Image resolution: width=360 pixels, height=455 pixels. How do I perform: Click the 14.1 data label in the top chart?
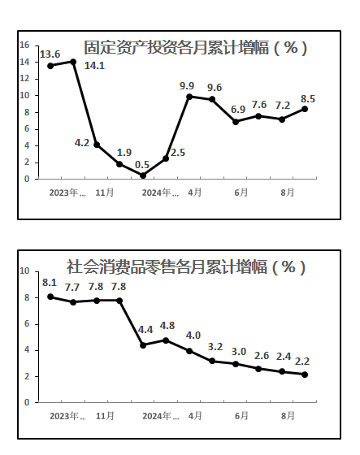tap(94, 66)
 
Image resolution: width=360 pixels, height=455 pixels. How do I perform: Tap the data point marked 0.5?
tap(143, 175)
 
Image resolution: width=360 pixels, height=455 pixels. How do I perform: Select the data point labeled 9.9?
tap(189, 97)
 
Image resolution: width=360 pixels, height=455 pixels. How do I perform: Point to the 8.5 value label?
tap(308, 99)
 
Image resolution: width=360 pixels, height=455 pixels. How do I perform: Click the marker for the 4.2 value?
tap(97, 145)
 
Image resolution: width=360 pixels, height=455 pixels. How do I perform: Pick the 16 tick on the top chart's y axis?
tap(24, 45)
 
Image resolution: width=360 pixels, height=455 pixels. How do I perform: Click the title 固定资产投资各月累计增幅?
tap(176, 47)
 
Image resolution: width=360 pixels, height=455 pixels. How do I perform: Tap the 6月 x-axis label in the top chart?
tap(241, 193)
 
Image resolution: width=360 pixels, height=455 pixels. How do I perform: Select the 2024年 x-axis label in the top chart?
tap(160, 193)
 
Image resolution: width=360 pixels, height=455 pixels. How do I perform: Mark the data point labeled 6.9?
tap(236, 122)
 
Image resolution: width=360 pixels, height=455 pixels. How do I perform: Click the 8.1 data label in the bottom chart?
tap(50, 283)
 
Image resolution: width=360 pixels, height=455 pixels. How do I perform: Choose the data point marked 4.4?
tap(143, 345)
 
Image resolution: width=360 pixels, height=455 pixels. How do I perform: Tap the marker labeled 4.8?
tap(166, 340)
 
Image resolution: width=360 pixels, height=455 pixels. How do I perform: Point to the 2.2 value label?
tap(302, 362)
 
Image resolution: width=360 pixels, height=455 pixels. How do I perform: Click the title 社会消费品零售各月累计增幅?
tap(167, 266)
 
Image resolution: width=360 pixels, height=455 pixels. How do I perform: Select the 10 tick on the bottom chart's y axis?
tap(24, 271)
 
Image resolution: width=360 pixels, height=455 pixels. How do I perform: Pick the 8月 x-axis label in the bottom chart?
tap(288, 416)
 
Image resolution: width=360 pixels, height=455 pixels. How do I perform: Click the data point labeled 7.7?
tap(73, 302)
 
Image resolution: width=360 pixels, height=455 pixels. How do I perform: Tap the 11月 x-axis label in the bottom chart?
tap(105, 416)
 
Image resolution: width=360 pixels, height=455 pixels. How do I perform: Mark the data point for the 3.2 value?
tap(212, 361)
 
